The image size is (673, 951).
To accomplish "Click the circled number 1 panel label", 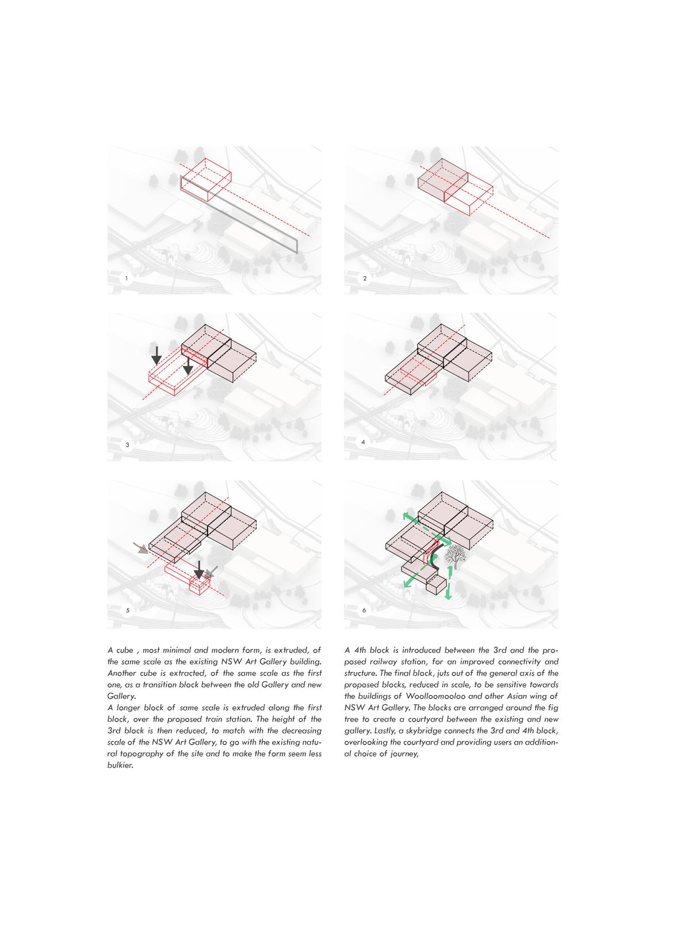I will point(126,279).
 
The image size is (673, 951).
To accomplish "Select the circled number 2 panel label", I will point(364,279).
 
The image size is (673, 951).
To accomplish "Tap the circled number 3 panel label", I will point(127,444).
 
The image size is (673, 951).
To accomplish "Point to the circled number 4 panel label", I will point(363,443).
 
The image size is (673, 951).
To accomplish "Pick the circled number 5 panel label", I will point(127,611).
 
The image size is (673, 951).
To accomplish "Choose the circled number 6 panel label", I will point(364,611).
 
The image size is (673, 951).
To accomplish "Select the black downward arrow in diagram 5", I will point(199,570).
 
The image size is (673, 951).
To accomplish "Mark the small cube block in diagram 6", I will point(436,586).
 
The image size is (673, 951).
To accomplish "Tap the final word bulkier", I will point(120,765).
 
